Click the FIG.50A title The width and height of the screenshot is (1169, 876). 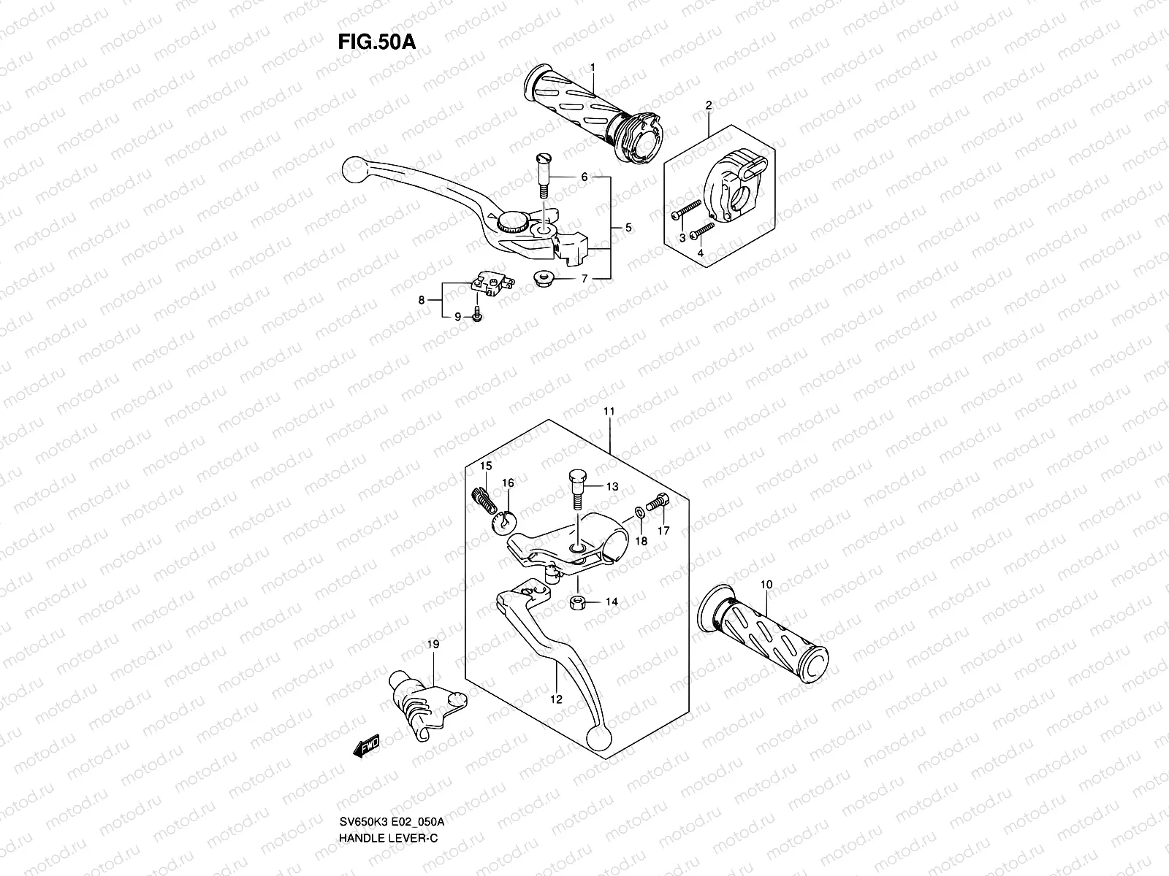[376, 42]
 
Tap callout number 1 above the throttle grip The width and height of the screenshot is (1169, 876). [593, 67]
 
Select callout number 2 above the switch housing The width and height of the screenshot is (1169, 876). [708, 105]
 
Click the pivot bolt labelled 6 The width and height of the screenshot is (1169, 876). [544, 174]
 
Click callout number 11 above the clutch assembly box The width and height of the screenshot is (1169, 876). [609, 412]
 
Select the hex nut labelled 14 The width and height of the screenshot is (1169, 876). [575, 602]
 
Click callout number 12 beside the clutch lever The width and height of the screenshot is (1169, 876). [556, 699]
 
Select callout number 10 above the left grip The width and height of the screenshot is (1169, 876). [765, 585]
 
